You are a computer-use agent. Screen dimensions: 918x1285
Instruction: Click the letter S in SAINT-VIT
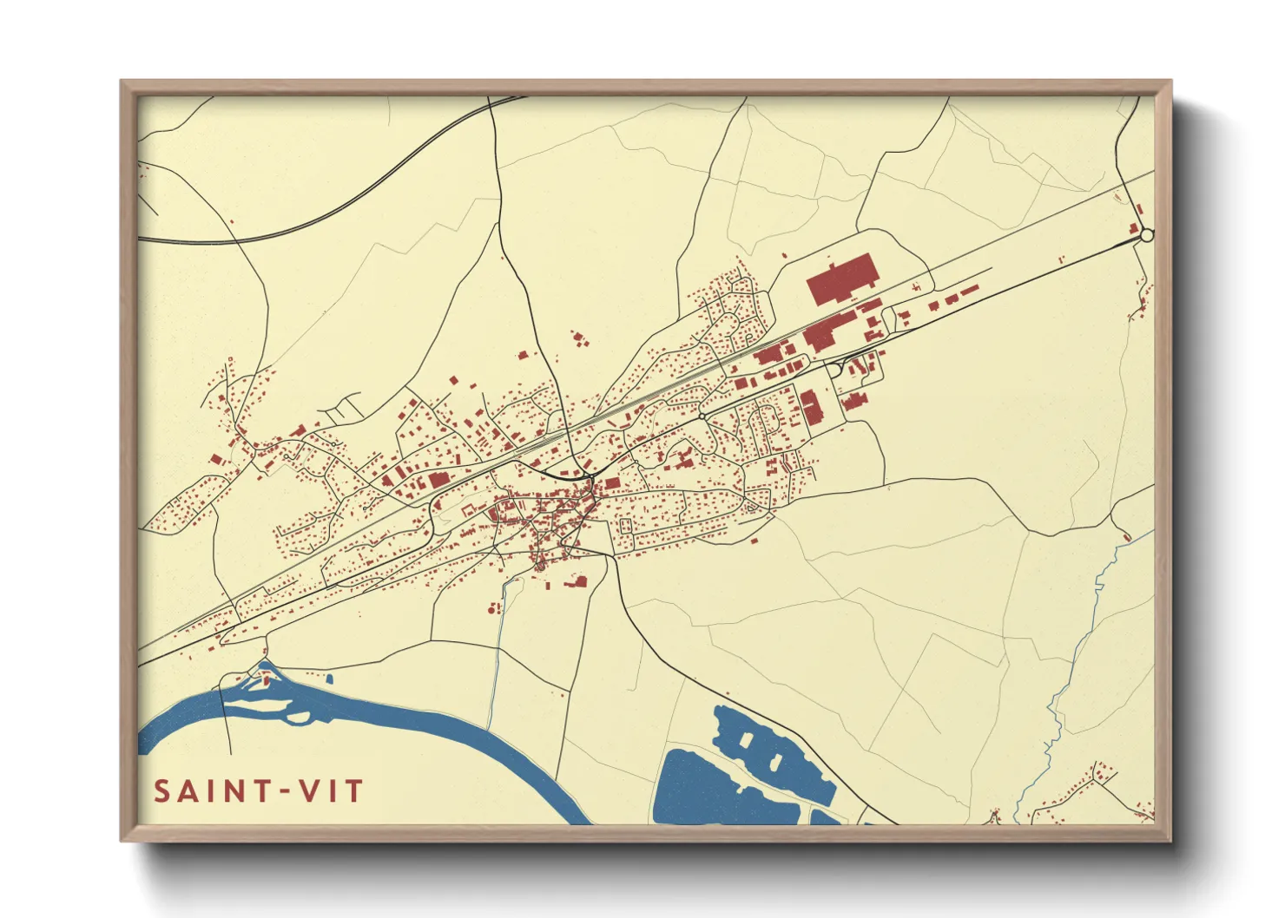[x=162, y=792]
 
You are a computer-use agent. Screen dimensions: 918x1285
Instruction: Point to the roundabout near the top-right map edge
[x=1146, y=235]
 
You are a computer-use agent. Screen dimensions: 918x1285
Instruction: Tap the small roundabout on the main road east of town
[x=702, y=417]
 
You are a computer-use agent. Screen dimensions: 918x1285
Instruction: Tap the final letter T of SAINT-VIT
[x=354, y=792]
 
